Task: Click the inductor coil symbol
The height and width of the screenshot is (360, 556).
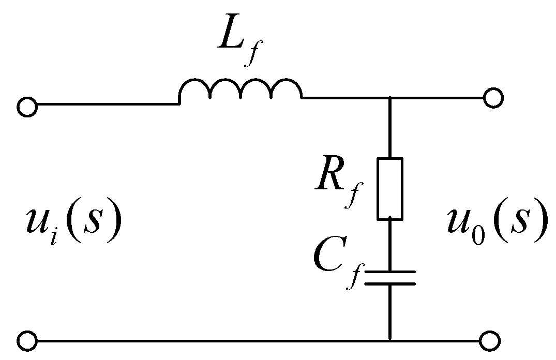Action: click(x=241, y=89)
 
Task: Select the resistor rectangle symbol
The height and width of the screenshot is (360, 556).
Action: click(x=390, y=188)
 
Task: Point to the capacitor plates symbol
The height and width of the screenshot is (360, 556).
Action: click(x=390, y=277)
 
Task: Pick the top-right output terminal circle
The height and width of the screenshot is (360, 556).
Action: click(x=492, y=98)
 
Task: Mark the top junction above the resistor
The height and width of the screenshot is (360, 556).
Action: click(x=390, y=98)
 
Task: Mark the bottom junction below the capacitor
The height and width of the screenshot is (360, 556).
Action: click(x=390, y=341)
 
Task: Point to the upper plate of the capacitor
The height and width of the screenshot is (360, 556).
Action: click(x=390, y=271)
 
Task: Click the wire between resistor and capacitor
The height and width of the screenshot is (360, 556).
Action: click(x=390, y=243)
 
